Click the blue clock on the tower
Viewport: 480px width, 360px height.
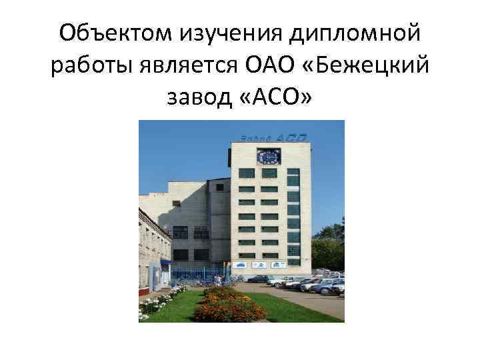(x=269, y=157)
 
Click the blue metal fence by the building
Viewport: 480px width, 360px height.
(x=193, y=275)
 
